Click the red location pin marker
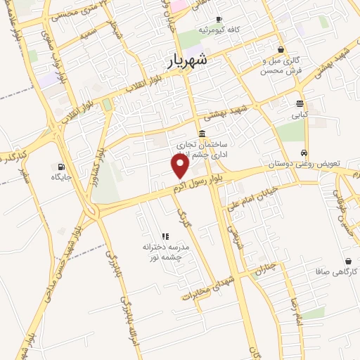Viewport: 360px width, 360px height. pos(181,166)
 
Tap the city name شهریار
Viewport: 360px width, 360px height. pos(188,61)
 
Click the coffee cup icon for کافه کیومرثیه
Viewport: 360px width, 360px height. pos(219,19)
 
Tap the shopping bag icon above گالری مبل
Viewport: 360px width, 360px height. pos(281,49)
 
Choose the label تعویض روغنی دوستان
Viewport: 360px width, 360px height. pos(303,163)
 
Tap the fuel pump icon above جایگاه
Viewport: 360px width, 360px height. pos(62,167)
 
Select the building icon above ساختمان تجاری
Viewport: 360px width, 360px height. pos(202,134)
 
